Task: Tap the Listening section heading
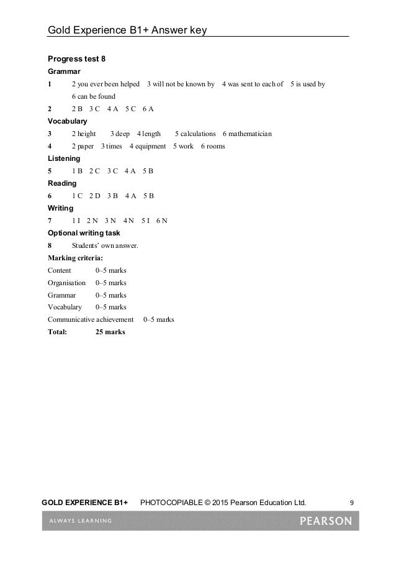click(64, 158)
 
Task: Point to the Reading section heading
click(62, 183)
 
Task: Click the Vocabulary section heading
click(68, 121)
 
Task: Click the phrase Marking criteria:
click(76, 257)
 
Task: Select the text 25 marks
click(110, 332)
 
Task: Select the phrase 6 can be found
click(94, 96)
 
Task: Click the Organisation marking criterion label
click(66, 282)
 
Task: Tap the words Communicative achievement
click(91, 319)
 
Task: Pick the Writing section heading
click(60, 208)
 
